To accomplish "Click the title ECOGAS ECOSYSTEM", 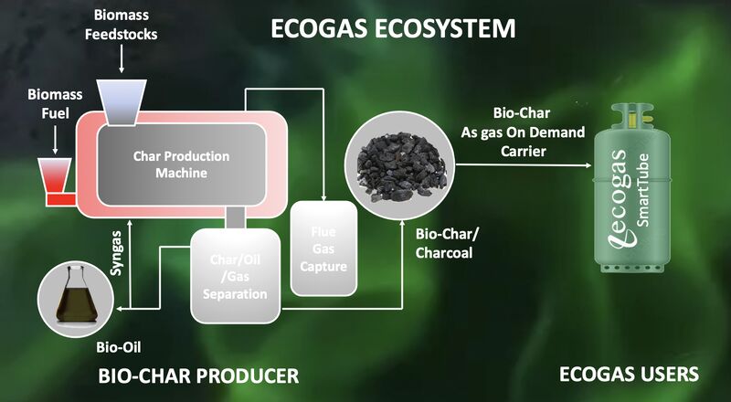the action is click(x=393, y=28).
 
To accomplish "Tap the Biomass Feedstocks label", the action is click(x=122, y=25).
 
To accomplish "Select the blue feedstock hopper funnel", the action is click(x=122, y=102).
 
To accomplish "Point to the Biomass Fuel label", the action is click(x=55, y=104).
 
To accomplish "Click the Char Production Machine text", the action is click(x=181, y=164).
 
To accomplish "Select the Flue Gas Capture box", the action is click(x=323, y=249).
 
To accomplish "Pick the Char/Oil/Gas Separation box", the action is click(x=236, y=276).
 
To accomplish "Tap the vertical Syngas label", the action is click(x=117, y=252).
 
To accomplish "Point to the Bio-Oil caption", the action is click(x=119, y=347).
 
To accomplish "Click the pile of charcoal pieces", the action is click(x=401, y=167).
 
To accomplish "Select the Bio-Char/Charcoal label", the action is click(x=444, y=243).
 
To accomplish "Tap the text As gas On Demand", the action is click(x=523, y=132).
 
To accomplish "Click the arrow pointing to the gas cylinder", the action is click(x=524, y=165).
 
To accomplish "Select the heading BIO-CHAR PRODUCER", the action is click(x=198, y=376).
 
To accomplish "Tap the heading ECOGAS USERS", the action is click(x=629, y=375).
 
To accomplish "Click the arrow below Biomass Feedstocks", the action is click(x=122, y=59).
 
